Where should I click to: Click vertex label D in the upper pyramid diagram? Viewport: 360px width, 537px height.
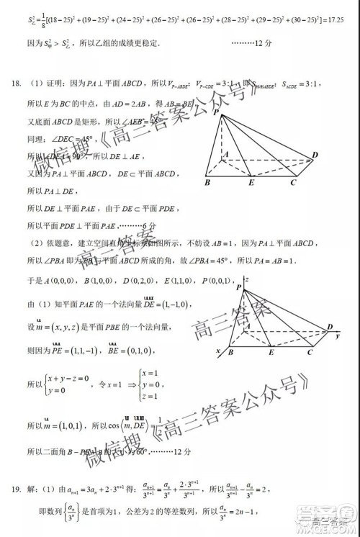click(x=315, y=155)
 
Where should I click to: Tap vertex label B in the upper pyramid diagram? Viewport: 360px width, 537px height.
click(x=207, y=182)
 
